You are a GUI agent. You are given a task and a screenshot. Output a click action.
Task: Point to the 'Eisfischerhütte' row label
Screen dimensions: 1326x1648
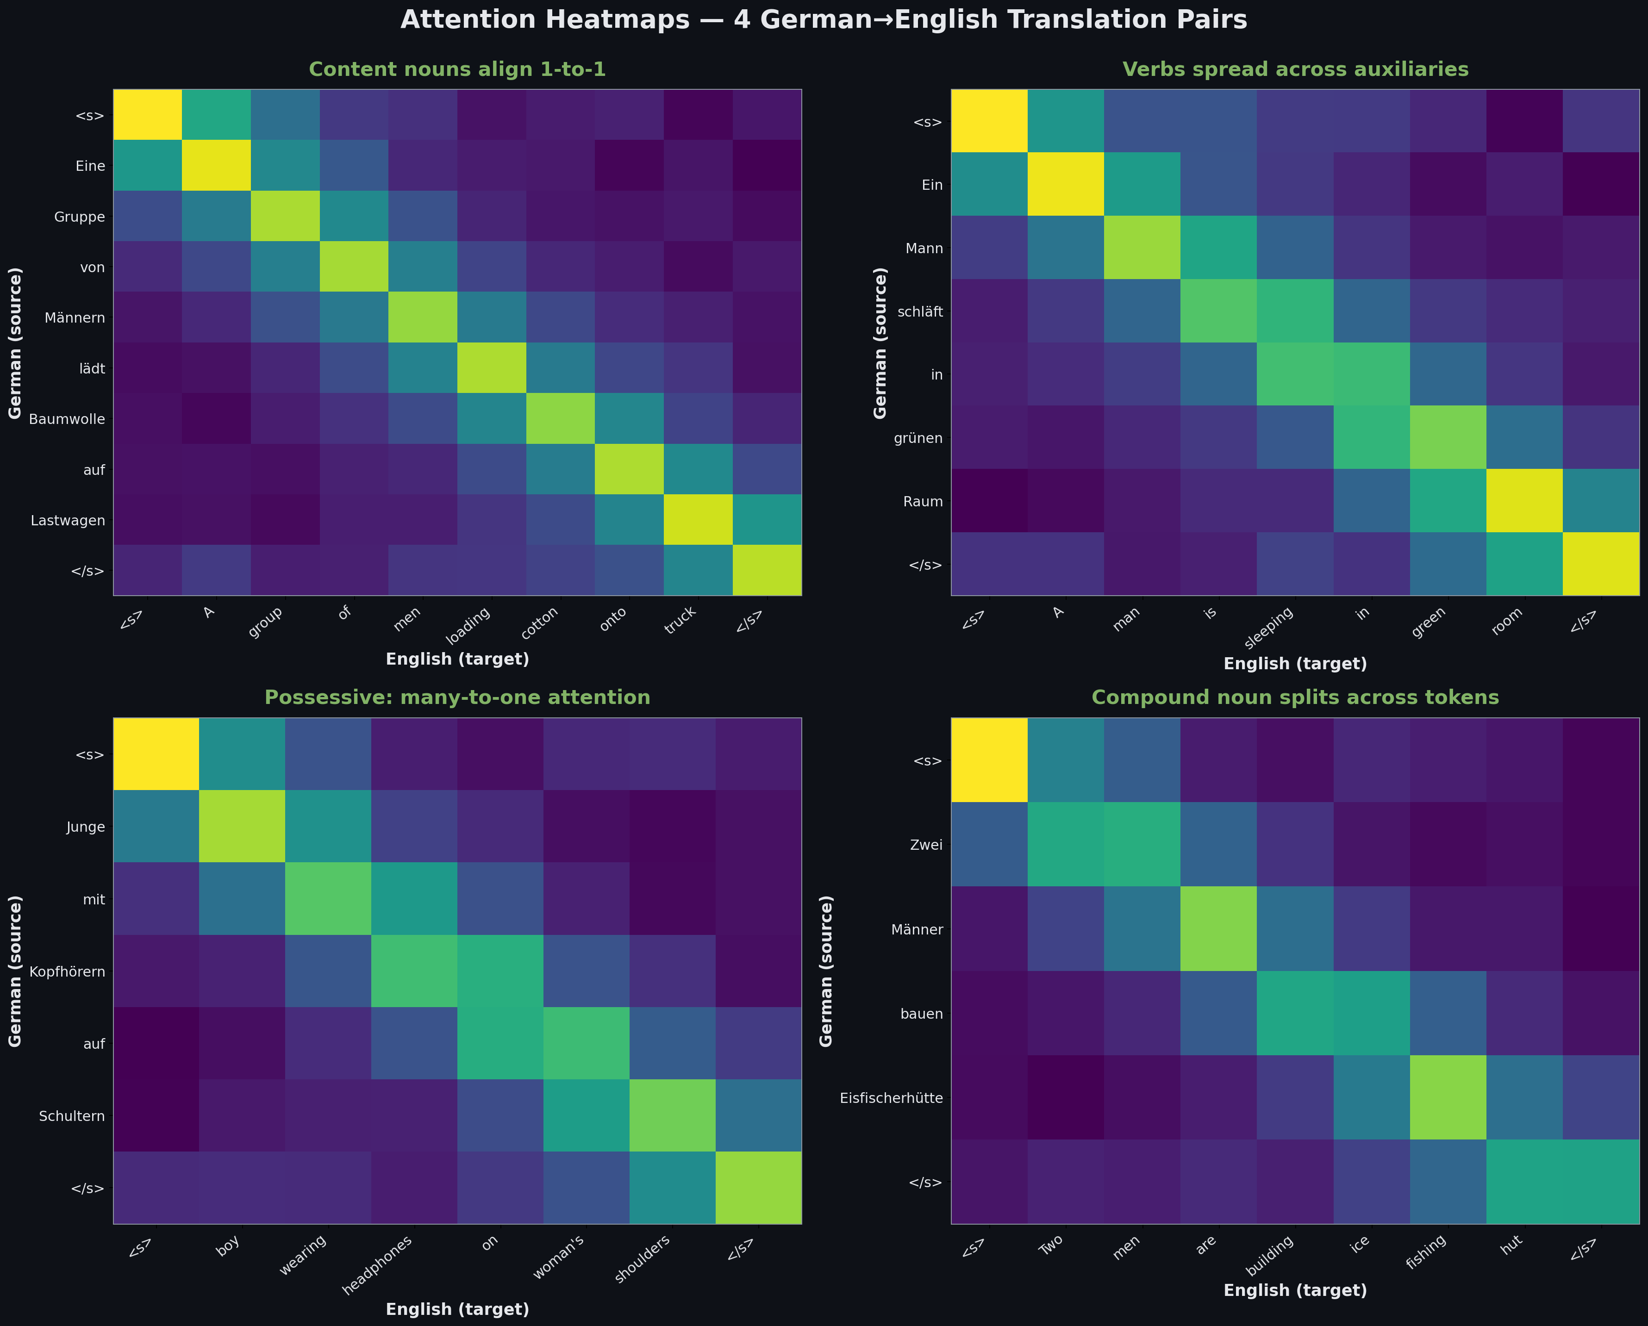[x=891, y=1098]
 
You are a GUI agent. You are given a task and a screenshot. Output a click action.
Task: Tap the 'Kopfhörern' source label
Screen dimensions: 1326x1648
[x=67, y=972]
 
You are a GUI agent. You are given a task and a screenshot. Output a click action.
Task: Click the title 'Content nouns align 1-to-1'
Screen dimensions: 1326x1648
[x=457, y=69]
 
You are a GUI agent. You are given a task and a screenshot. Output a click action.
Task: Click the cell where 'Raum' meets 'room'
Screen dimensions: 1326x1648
[x=1524, y=501]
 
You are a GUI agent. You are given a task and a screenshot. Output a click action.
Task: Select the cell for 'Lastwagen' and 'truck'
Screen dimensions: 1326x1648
[x=698, y=520]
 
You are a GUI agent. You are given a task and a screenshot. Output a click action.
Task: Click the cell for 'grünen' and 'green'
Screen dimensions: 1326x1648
[x=1448, y=437]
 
